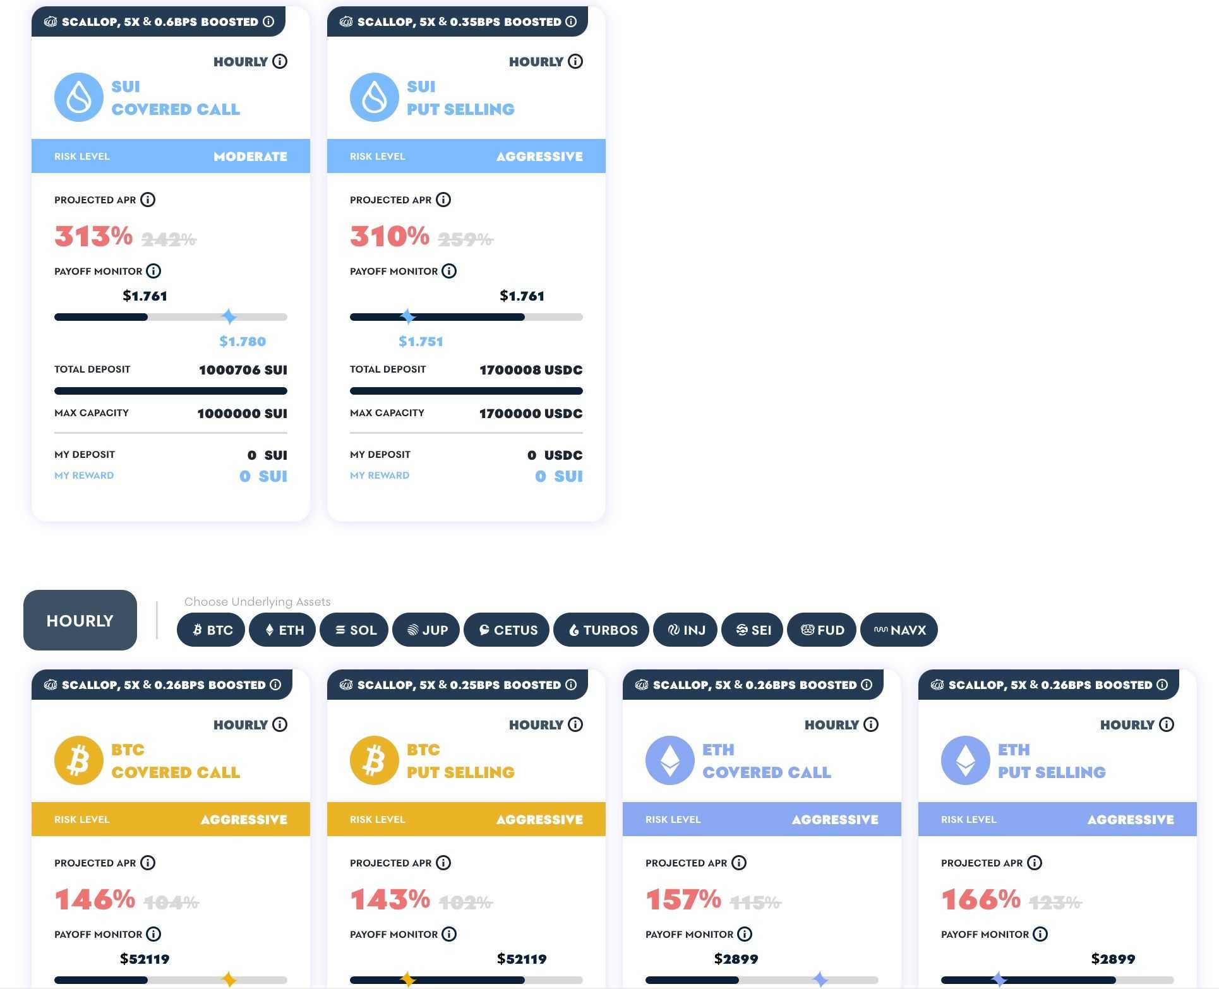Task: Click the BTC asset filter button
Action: pyautogui.click(x=211, y=630)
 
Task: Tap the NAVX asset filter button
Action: pyautogui.click(x=899, y=630)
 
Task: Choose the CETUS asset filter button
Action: pyautogui.click(x=507, y=630)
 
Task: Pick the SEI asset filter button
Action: pyautogui.click(x=752, y=630)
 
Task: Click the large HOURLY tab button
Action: pyautogui.click(x=80, y=620)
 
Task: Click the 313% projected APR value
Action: pyautogui.click(x=93, y=236)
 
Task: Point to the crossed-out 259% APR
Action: pyautogui.click(x=465, y=239)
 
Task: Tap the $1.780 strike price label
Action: pyautogui.click(x=243, y=342)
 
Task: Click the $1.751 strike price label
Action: pyautogui.click(x=421, y=342)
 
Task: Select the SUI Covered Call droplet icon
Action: pyautogui.click(x=79, y=97)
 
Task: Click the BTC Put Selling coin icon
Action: pyautogui.click(x=375, y=760)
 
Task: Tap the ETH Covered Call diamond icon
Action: pyautogui.click(x=670, y=760)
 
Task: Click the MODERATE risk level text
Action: pyautogui.click(x=250, y=157)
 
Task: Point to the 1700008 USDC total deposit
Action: pyautogui.click(x=531, y=370)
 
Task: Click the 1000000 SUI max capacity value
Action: pyautogui.click(x=242, y=414)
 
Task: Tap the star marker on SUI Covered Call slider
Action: pyautogui.click(x=229, y=316)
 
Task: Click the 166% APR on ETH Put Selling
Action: pyautogui.click(x=980, y=899)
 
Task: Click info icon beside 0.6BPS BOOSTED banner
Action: pyautogui.click(x=268, y=21)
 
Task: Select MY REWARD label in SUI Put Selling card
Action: pyautogui.click(x=380, y=476)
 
